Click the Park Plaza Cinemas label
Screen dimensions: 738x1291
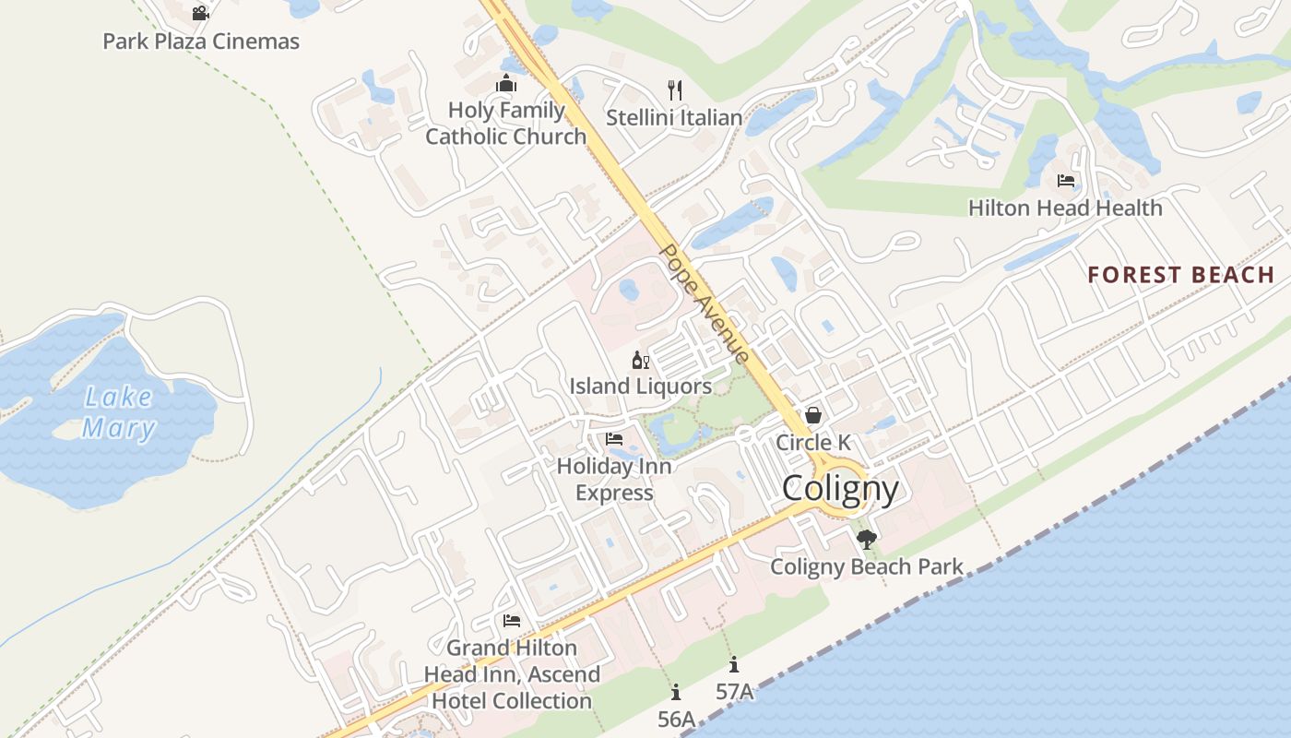tap(201, 42)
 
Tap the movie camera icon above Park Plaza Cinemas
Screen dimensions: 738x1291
tap(200, 13)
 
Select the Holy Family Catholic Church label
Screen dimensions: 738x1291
tap(505, 124)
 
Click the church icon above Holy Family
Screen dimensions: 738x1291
tap(505, 84)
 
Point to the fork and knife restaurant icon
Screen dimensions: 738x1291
tap(675, 89)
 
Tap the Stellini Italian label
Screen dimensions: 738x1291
tap(674, 118)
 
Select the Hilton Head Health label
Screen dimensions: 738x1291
tap(1065, 208)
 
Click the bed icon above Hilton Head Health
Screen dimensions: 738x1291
tap(1066, 180)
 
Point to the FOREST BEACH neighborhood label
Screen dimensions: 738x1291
tap(1180, 275)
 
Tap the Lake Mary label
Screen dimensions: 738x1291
tap(118, 412)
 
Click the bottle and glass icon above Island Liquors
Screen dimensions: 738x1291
tap(640, 360)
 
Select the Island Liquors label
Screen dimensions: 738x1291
tap(640, 387)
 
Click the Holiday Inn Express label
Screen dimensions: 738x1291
tap(614, 480)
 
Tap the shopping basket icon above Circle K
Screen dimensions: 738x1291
tap(813, 415)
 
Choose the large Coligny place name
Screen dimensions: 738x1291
tap(840, 488)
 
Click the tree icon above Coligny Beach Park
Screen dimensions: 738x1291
tap(866, 540)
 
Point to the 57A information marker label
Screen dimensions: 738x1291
tap(734, 691)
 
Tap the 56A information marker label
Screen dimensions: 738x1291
tap(676, 719)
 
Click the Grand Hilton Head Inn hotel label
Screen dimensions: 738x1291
tap(512, 674)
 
